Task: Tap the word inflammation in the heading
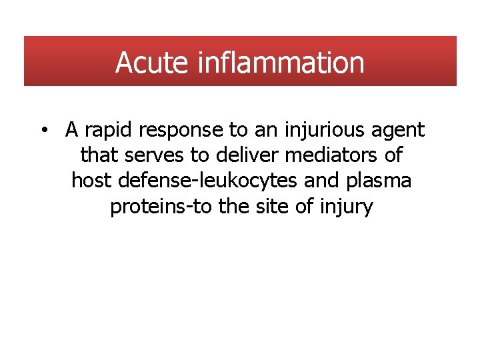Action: click(281, 63)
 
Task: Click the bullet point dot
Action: click(43, 131)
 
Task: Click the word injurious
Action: click(317, 131)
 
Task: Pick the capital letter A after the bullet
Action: click(72, 131)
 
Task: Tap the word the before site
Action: click(234, 206)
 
